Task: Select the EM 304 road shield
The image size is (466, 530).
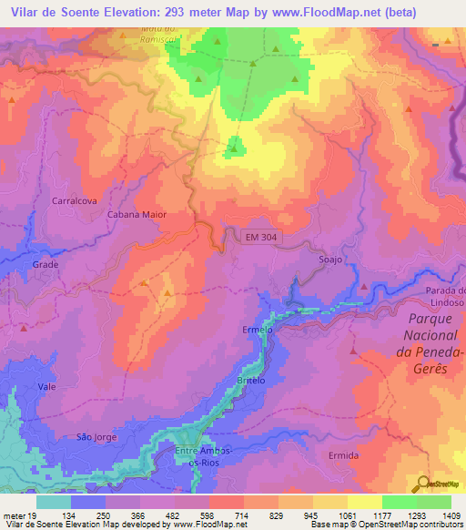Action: [262, 237]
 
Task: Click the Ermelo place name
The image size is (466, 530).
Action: [258, 330]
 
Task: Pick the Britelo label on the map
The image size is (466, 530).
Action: [250, 381]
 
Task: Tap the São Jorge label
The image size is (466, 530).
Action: [96, 437]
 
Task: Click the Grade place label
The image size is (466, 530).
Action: [46, 264]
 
